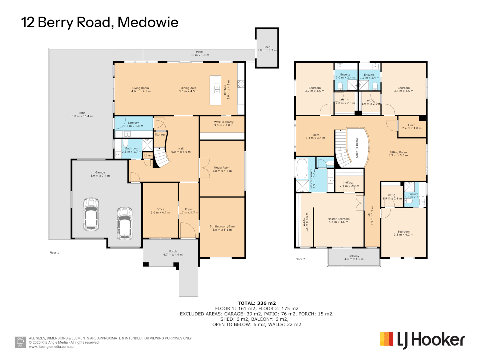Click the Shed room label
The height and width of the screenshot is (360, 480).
[x=267, y=49]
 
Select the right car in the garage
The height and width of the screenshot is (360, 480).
[x=124, y=223]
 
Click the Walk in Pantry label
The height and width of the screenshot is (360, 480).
[x=224, y=124]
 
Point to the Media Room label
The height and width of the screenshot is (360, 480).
[x=222, y=169]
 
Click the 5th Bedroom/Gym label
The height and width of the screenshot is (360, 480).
[x=222, y=228]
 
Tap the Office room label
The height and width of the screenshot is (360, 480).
[x=160, y=211]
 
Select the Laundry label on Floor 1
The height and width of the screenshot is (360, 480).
[x=133, y=124]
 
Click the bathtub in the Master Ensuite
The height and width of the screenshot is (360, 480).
[x=302, y=169]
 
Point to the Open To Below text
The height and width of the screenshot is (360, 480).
[x=357, y=148]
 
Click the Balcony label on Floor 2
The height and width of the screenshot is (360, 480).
[x=354, y=257]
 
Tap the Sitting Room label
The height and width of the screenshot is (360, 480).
[x=398, y=154]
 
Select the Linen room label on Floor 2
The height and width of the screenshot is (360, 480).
[x=412, y=127]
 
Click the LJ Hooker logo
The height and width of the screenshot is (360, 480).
[x=422, y=340]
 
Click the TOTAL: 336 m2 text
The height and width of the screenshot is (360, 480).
[x=257, y=303]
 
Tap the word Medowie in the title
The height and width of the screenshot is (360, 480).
[x=148, y=22]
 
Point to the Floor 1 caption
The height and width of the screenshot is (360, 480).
[x=54, y=253]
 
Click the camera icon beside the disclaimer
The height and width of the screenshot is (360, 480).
[x=20, y=342]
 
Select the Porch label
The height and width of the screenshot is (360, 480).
[x=173, y=253]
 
